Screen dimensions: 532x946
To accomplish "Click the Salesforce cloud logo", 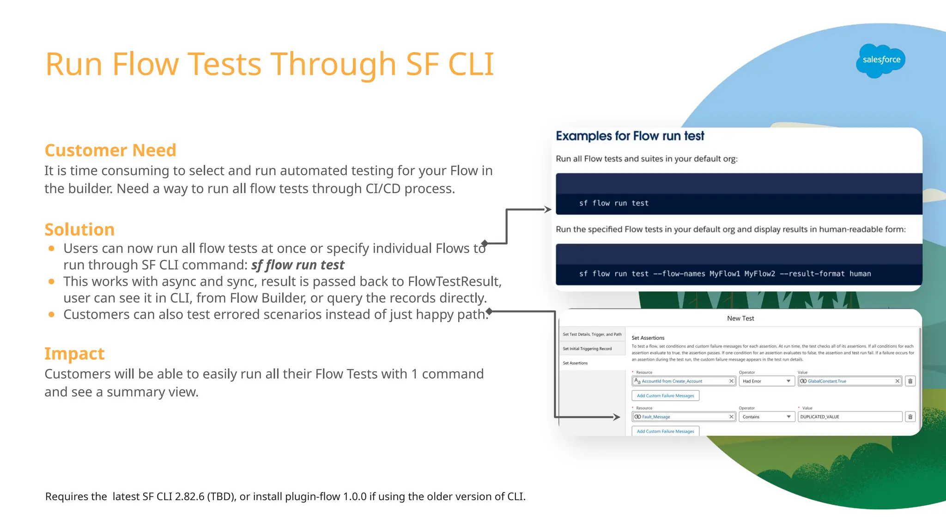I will coord(880,60).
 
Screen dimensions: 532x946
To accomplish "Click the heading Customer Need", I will coord(110,150).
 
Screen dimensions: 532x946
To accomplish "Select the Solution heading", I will coord(79,230).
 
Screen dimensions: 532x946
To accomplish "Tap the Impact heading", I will coord(74,353).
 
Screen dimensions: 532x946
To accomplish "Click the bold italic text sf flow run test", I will coord(297,265).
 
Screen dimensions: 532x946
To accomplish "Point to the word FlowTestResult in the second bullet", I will coord(454,281).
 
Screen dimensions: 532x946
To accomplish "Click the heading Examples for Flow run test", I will coord(630,136).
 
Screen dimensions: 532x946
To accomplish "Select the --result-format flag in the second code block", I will coord(812,274).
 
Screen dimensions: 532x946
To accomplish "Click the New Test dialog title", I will coord(740,318).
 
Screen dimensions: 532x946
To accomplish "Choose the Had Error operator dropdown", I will coord(766,381).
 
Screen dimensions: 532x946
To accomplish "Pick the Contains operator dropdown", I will coord(766,417).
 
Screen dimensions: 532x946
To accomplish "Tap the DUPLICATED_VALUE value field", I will coord(849,417).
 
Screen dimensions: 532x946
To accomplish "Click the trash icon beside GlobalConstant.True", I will coord(910,381).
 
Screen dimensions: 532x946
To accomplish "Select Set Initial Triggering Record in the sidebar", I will coord(587,349).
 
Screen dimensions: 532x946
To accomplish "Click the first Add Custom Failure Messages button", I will coord(665,396).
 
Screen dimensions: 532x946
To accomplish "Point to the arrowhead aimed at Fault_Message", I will coord(617,417).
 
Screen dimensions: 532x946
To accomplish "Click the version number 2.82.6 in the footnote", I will coord(189,496).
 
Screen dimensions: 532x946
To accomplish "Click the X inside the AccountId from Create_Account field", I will coord(731,381).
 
